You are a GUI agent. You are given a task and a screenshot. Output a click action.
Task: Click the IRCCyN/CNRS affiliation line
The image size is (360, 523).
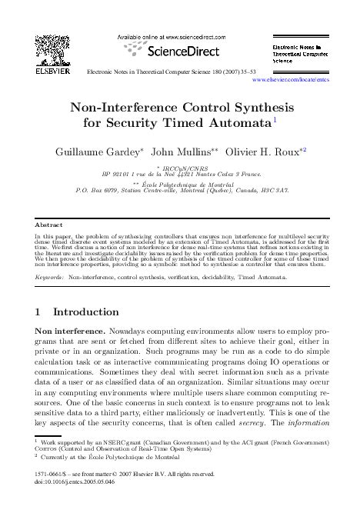pos(180,167)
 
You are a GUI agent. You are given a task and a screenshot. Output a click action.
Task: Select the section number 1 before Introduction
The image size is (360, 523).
pos(39,313)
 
